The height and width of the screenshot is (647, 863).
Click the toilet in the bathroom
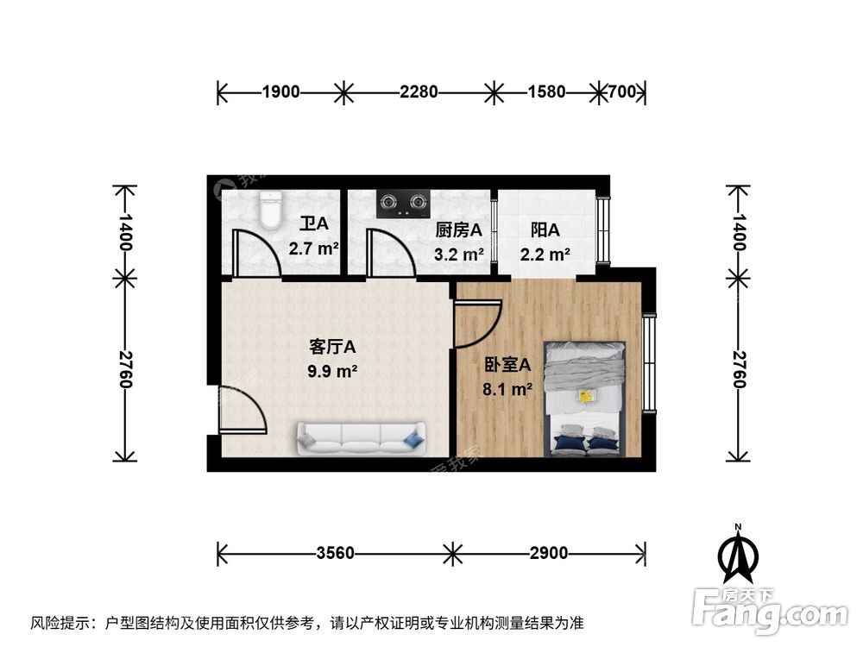(x=271, y=210)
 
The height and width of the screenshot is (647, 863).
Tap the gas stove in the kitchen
(x=403, y=204)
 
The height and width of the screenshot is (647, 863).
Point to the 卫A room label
(x=314, y=225)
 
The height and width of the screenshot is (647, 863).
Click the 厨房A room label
(x=458, y=230)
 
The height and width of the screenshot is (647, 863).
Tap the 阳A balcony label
(x=545, y=230)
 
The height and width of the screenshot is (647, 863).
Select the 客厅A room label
(x=333, y=347)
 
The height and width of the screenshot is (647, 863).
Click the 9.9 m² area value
(x=333, y=372)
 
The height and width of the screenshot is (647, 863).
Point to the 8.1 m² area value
(x=507, y=389)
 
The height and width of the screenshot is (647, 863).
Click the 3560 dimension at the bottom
(x=334, y=553)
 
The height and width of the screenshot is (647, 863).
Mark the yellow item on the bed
(x=588, y=397)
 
